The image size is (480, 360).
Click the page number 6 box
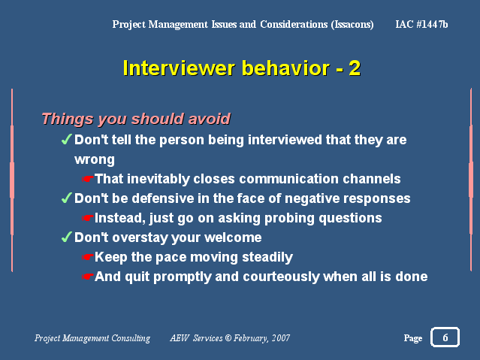445,337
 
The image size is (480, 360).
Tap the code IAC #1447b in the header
421,24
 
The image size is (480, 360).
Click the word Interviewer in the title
179,68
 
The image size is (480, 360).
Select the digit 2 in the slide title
355,68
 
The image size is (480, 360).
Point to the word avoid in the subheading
209,119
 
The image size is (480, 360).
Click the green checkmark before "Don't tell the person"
66,139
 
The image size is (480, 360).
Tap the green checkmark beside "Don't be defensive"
66,198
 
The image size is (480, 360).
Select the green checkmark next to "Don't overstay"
66,237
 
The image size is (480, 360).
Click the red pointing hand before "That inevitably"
88,179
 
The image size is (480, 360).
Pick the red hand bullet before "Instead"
88,218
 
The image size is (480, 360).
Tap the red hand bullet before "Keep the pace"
88,257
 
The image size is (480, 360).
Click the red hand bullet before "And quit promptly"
88,277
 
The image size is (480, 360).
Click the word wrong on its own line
95,160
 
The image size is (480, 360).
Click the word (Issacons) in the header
352,24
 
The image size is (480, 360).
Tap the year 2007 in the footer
281,338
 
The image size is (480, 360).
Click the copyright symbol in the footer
228,338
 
